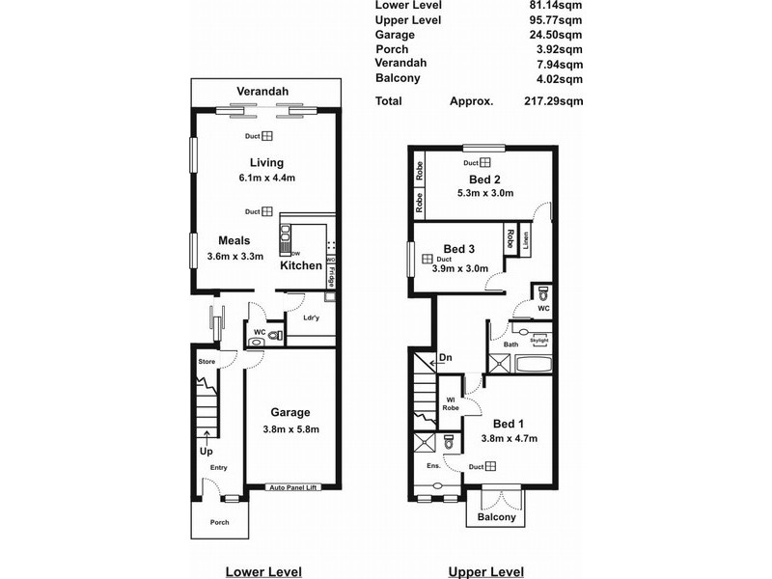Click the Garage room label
tap(289, 412)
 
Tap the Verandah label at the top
tap(263, 92)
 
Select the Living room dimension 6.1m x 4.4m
tap(265, 178)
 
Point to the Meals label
tap(234, 240)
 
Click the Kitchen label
tap(301, 265)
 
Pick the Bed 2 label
tap(483, 179)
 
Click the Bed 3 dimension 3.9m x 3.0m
tap(458, 269)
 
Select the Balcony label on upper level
tap(497, 517)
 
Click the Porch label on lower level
tap(220, 523)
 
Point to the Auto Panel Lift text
tap(293, 486)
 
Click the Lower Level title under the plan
tap(263, 570)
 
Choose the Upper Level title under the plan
tap(486, 570)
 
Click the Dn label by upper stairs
tap(445, 358)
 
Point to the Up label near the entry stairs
tap(206, 451)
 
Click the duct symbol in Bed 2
tap(486, 162)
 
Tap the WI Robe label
tap(451, 403)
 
